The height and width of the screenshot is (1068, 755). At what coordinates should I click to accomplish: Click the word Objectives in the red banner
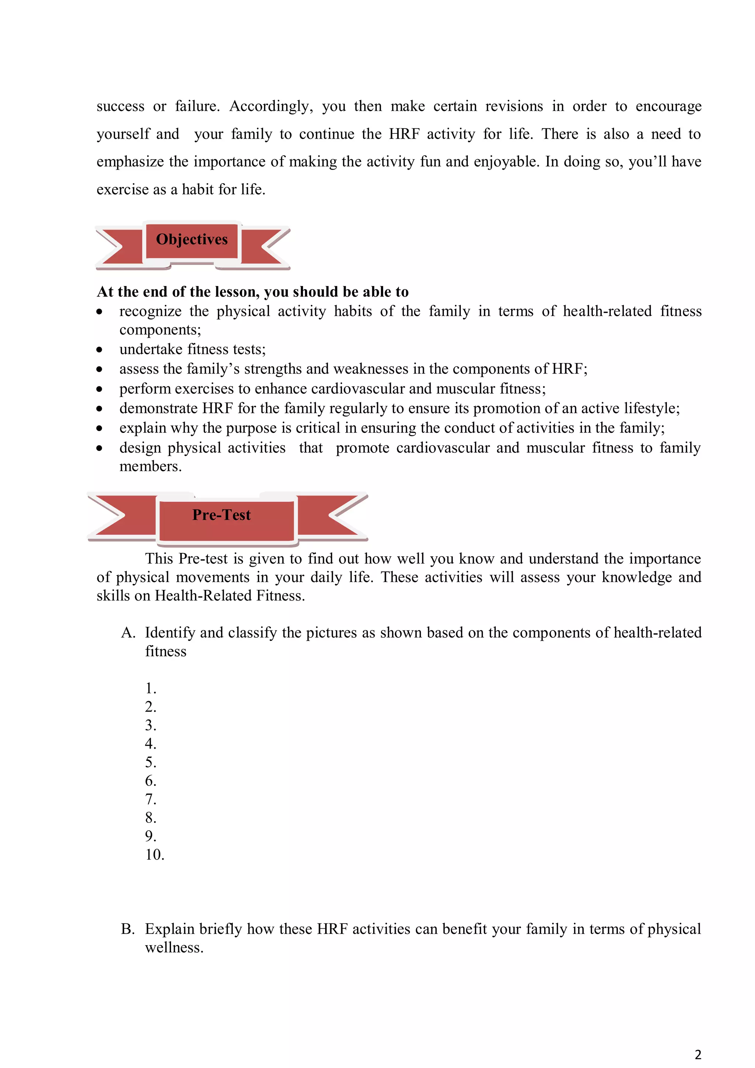tap(192, 239)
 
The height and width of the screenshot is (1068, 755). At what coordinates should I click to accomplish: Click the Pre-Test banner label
tap(222, 515)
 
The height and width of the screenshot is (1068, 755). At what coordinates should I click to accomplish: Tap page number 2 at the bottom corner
tap(698, 1054)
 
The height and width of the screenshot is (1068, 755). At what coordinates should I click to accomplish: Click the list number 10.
tap(154, 855)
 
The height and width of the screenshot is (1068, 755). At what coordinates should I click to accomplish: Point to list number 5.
tap(150, 762)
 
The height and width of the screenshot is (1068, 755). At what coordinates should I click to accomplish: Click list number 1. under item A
tap(150, 688)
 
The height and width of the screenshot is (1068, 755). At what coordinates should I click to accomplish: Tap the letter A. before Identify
tap(128, 633)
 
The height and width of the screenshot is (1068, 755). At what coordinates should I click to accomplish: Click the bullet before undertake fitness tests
tap(99, 349)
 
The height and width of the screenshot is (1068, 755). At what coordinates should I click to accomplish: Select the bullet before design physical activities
tap(99, 448)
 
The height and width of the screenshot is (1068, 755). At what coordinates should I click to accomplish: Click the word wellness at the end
tap(174, 947)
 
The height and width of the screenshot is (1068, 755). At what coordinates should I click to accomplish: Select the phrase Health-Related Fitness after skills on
tap(230, 596)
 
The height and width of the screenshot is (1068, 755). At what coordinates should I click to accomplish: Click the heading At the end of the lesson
tap(253, 292)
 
